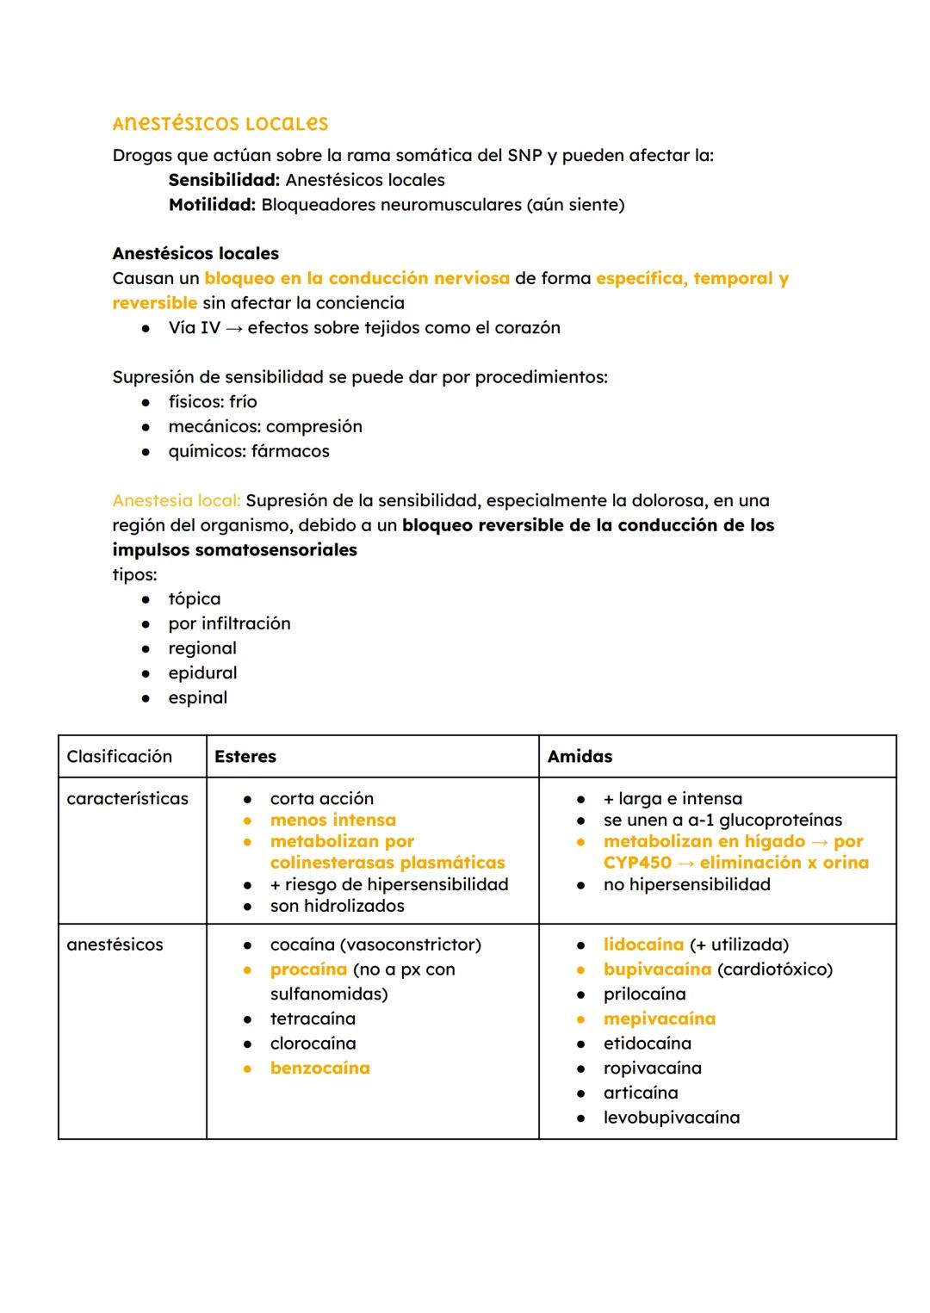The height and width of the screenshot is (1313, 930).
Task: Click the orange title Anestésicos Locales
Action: click(220, 124)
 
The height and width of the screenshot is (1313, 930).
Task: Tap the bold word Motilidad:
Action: click(212, 205)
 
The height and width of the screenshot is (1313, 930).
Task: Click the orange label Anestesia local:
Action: click(177, 500)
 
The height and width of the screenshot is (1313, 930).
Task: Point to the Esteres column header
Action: click(245, 757)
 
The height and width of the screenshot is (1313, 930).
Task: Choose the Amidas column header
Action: click(580, 757)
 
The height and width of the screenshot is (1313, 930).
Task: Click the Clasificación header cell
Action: click(119, 757)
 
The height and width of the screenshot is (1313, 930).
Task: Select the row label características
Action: click(127, 799)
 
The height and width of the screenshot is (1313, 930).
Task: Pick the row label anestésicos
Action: click(115, 944)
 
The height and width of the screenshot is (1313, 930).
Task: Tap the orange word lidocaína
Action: click(643, 944)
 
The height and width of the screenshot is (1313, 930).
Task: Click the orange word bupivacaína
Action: click(657, 969)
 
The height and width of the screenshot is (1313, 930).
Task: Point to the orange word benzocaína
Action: click(319, 1068)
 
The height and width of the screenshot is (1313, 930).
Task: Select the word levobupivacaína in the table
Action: click(671, 1118)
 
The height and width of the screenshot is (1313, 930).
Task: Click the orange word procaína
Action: click(308, 969)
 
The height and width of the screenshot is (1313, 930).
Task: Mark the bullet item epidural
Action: click(202, 673)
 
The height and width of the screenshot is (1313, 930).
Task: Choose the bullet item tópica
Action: click(194, 599)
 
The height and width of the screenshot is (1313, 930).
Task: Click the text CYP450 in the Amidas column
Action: click(637, 863)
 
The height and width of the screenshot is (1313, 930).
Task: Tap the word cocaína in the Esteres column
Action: click(302, 944)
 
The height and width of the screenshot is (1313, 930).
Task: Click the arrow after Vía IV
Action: click(233, 328)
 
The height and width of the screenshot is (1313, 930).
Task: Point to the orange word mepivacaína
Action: click(659, 1019)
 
